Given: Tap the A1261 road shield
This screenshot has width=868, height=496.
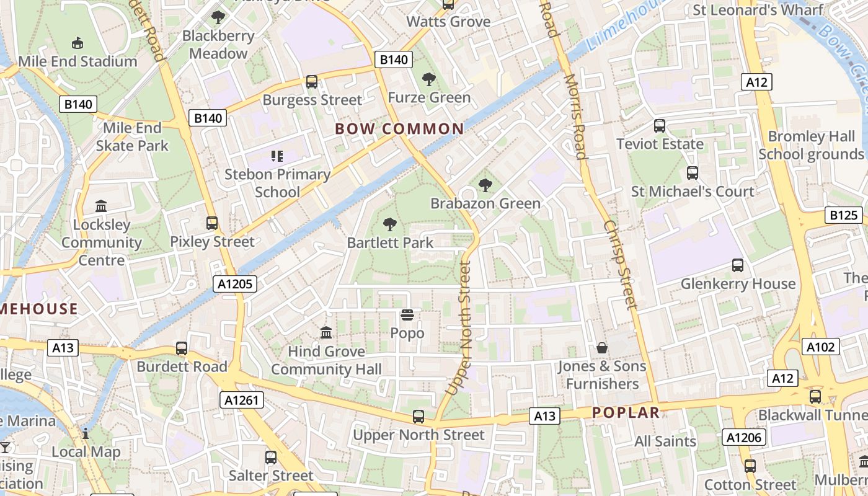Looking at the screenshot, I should [x=242, y=401].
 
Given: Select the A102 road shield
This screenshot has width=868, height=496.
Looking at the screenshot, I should [x=821, y=347].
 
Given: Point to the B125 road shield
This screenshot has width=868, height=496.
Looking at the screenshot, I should [x=844, y=216].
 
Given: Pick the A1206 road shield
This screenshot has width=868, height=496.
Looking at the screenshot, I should [x=744, y=438].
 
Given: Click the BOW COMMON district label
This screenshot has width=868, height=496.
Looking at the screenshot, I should [x=399, y=129].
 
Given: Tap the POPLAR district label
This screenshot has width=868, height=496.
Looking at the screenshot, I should [x=626, y=413].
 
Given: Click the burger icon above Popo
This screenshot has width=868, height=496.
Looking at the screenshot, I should [x=407, y=316].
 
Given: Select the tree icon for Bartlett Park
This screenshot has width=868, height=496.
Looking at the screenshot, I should [x=390, y=224].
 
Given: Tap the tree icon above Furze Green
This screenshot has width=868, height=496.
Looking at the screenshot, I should [x=428, y=79].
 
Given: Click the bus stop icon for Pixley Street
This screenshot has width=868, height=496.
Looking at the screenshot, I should [x=212, y=223].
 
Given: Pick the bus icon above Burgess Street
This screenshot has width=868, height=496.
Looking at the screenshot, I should [x=312, y=82].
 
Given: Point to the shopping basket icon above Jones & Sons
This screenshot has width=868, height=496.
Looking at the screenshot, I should [x=601, y=348].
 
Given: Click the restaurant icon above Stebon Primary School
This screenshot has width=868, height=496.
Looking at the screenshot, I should [x=277, y=156].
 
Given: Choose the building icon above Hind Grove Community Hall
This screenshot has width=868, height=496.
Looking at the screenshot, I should [x=326, y=333].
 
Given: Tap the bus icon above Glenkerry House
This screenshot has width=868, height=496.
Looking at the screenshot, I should [x=738, y=265].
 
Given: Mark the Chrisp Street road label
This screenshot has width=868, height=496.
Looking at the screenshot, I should [x=619, y=264].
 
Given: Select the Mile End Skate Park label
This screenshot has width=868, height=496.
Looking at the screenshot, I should [x=132, y=137].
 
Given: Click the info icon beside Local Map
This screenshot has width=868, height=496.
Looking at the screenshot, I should [x=86, y=433].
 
